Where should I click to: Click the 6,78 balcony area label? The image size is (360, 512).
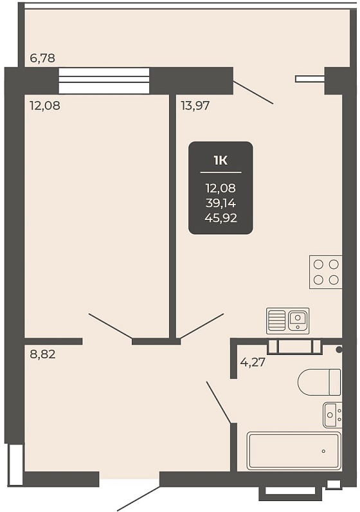42,59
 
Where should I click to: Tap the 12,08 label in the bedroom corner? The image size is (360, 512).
45,105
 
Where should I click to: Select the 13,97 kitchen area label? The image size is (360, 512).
195,105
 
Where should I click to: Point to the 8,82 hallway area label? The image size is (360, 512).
43,354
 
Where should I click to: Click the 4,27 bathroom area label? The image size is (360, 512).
253,362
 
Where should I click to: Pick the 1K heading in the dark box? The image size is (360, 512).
221,161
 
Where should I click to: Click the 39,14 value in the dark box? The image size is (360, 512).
221,203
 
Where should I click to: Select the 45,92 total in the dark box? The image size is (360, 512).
221,218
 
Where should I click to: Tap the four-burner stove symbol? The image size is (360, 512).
326,272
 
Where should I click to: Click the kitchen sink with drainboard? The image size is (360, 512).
288,321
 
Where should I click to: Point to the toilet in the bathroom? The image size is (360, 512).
319,382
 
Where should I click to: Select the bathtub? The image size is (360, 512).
294,451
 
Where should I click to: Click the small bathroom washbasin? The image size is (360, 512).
332,415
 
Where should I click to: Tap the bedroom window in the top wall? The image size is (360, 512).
104,80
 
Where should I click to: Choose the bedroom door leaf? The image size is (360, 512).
111,326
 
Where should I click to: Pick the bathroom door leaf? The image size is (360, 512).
219,403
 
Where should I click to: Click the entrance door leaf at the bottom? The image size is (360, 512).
139,498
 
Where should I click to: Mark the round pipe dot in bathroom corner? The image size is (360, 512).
339,350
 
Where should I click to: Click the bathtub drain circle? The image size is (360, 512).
323,452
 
